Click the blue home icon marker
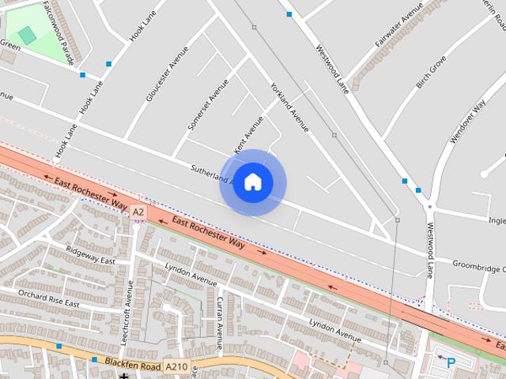(252, 182)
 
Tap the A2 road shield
(138, 212)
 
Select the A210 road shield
(176, 366)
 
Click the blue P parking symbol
(451, 363)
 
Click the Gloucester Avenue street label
(167, 74)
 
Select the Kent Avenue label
(248, 135)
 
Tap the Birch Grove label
(431, 72)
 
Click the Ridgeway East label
(91, 255)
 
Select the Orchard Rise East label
(49, 298)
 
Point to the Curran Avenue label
(219, 322)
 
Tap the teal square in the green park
(27, 35)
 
